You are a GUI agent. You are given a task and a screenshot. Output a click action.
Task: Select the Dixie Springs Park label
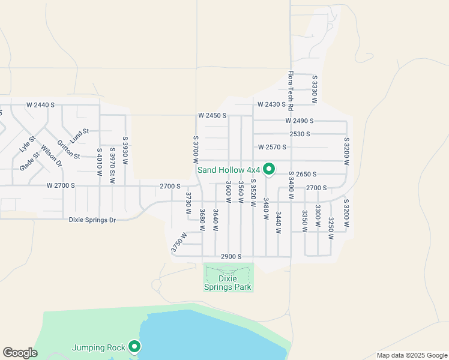point(228,283)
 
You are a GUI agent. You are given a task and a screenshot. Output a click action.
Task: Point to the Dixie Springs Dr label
point(92,220)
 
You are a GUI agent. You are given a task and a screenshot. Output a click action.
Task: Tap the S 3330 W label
point(314,89)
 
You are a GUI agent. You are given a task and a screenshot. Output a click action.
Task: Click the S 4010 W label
point(99,163)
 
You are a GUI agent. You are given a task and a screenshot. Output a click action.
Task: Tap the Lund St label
point(79,135)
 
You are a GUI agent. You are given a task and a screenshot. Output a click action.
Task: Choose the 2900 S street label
point(231,256)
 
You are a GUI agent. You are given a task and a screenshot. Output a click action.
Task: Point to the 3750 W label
point(179,241)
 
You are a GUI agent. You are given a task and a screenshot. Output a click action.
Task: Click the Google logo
point(20,353)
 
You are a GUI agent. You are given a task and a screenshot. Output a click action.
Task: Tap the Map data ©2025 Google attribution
point(411,355)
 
